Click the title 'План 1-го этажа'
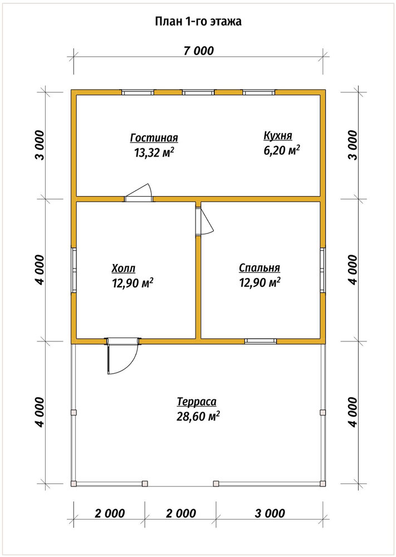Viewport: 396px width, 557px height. point(198,22)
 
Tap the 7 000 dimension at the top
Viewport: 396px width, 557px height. point(198,51)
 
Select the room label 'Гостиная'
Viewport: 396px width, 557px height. point(154,138)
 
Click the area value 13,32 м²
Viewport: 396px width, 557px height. point(154,152)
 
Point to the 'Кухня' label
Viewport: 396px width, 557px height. point(278,136)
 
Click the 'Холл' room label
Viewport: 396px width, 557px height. point(123,268)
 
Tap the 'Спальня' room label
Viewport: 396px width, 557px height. point(260,267)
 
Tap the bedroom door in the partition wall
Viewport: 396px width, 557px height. point(204,221)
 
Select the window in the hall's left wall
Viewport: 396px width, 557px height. point(74,270)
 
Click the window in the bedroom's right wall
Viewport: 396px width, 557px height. point(322,270)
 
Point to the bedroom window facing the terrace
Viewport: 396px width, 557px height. point(261,341)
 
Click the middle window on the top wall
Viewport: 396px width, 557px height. point(198,92)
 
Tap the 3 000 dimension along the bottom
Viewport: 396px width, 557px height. point(269,513)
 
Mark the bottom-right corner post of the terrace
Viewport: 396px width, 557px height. point(322,483)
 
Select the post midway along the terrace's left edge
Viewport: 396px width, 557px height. point(74,412)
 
